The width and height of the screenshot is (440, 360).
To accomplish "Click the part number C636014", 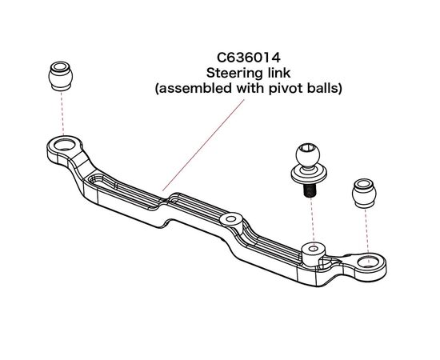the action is pos(249,58).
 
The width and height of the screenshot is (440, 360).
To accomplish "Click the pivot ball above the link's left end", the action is pos(61,76).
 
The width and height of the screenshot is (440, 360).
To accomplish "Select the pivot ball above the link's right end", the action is pos(364,194).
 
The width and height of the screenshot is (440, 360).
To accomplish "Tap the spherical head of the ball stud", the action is pos(308,154).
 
